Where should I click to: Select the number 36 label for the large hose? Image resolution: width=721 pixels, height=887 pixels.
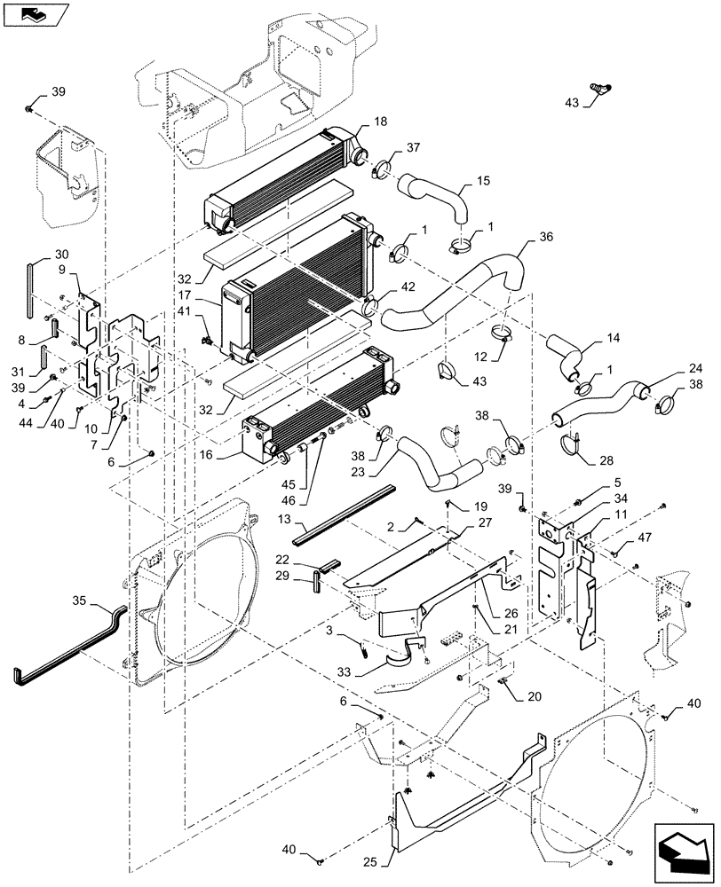point(546,239)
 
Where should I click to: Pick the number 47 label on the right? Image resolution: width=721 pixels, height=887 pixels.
point(644,538)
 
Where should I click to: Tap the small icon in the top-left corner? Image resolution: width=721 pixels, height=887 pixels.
point(34,14)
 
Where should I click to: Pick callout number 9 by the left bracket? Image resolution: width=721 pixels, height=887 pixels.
point(61,270)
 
